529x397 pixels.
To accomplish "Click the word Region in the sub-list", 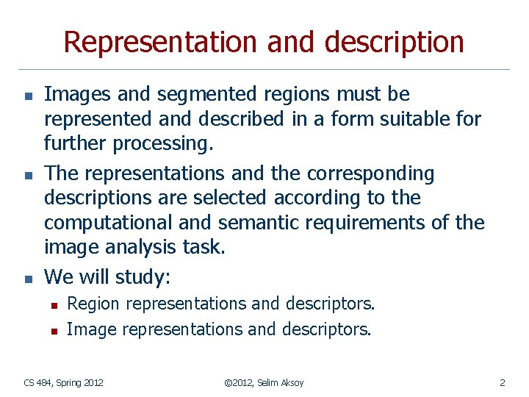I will pos(92,304).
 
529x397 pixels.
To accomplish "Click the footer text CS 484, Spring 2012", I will pos(64,382).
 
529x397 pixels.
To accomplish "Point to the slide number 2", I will pos(502,382).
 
